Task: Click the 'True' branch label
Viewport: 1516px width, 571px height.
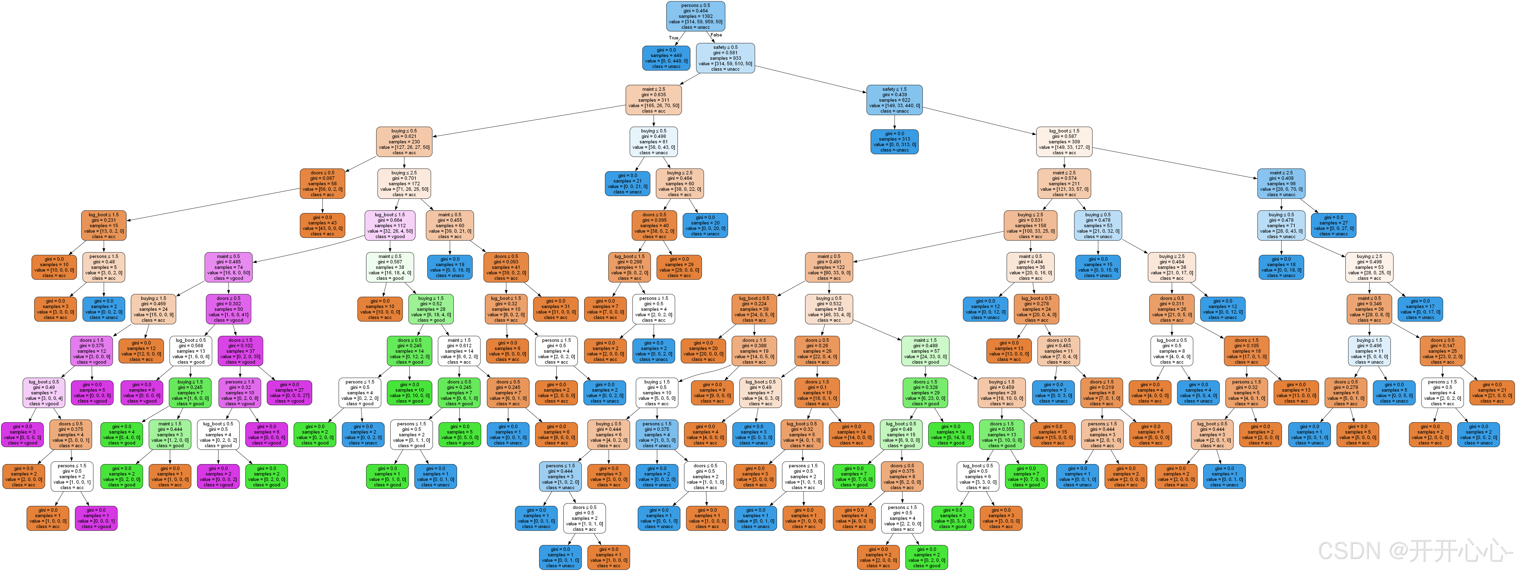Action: pos(673,38)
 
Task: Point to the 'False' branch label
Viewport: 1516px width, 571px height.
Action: pos(716,35)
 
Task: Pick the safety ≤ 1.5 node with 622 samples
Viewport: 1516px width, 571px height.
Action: pos(894,100)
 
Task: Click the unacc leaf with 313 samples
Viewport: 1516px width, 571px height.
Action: pos(894,142)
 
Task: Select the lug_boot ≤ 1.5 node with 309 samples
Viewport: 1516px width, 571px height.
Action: pos(1064,142)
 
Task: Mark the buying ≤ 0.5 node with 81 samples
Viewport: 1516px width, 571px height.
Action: pos(653,142)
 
